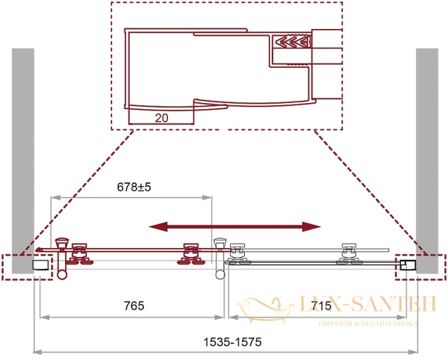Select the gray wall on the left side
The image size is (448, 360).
(23, 149)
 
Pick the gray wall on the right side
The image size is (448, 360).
(426, 149)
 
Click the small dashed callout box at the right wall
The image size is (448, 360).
(420, 266)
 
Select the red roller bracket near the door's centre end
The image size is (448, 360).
(189, 254)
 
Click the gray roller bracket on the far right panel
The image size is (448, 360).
(349, 254)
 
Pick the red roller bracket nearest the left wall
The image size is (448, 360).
(78, 254)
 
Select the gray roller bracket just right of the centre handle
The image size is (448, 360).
(237, 255)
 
